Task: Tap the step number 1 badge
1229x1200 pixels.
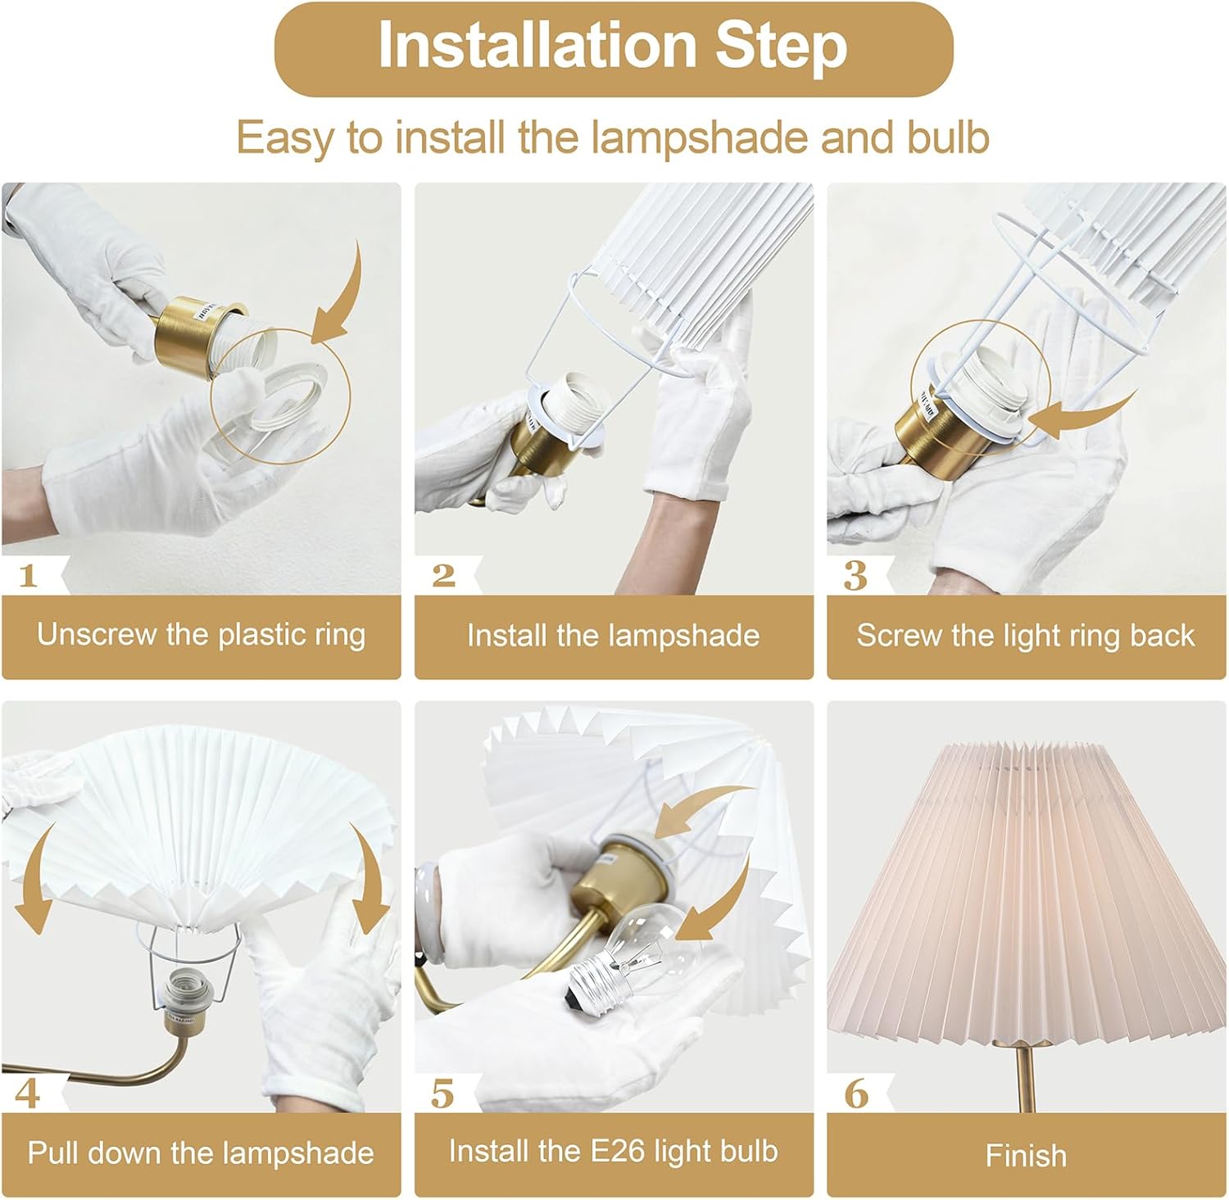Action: point(29,576)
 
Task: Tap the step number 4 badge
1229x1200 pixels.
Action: point(27,1094)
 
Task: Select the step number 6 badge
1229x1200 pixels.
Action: point(855,1094)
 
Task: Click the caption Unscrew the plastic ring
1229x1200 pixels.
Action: point(201,636)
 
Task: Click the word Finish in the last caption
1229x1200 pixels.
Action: point(1026,1156)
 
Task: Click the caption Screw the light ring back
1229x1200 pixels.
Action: point(1025,636)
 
